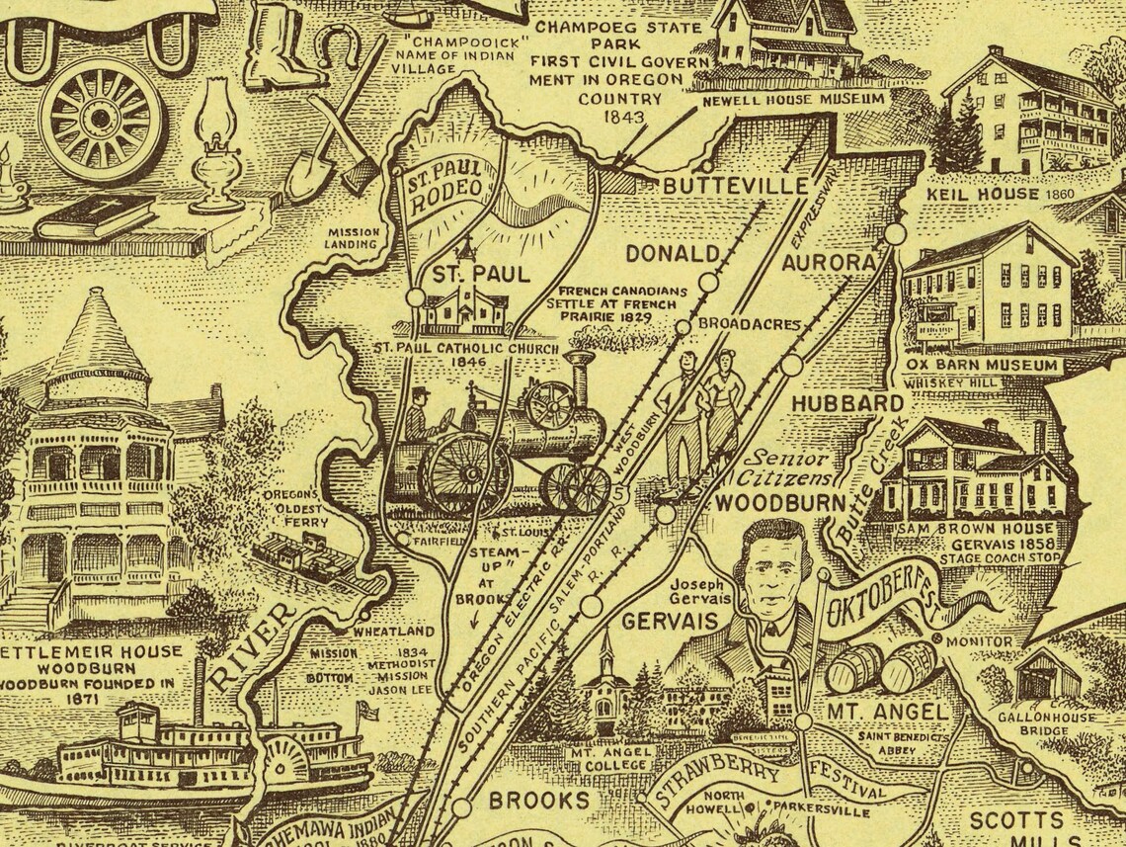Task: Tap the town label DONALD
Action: (672, 253)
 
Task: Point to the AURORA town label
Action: (828, 263)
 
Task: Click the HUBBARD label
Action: (833, 403)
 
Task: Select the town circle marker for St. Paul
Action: (416, 296)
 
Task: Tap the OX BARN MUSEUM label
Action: (980, 366)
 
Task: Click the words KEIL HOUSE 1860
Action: (981, 194)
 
